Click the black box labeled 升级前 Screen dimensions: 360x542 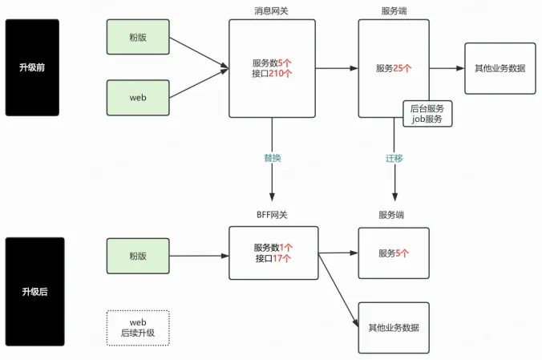point(32,67)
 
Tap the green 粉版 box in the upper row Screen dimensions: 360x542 point(138,38)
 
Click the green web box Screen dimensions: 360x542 point(138,97)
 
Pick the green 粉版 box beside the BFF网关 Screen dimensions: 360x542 point(138,255)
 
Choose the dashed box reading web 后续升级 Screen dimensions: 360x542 point(138,327)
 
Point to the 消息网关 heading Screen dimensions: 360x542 point(272,10)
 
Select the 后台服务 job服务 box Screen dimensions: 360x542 point(427,113)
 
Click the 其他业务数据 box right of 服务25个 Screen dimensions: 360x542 point(500,68)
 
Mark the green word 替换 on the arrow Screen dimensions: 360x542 point(272,158)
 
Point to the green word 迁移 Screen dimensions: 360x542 point(394,158)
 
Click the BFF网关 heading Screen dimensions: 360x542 point(272,215)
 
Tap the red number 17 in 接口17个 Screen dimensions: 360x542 point(277,258)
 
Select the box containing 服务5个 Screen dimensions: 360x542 point(393,253)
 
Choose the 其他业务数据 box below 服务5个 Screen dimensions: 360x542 point(393,327)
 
